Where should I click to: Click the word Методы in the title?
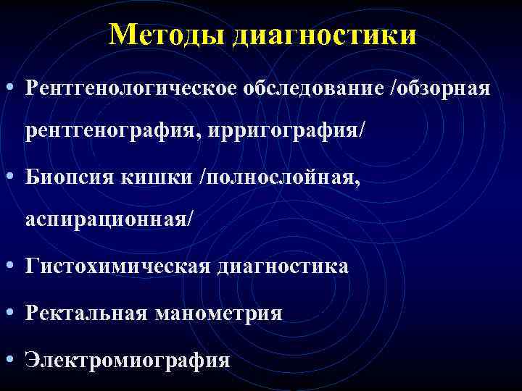167,34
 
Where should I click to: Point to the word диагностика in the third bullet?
281,266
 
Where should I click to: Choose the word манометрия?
217,313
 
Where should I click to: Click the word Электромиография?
128,359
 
